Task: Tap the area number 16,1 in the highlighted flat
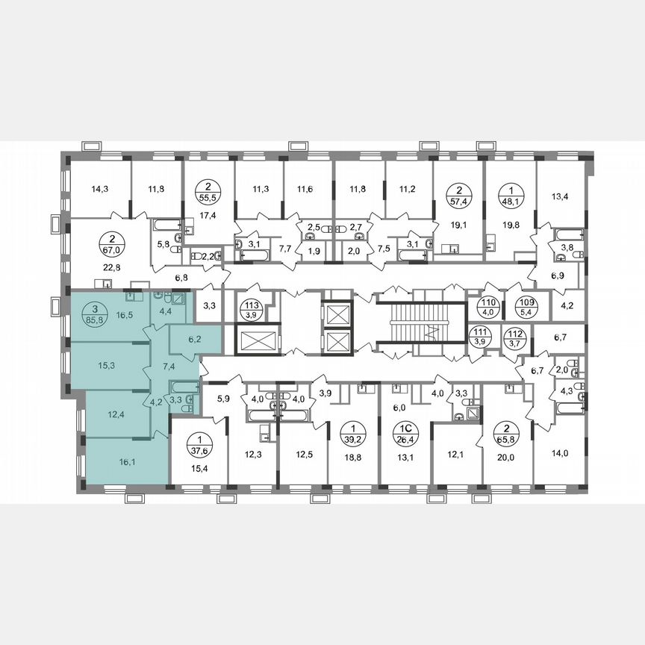pyautogui.click(x=124, y=463)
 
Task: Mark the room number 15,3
pyautogui.click(x=105, y=366)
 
